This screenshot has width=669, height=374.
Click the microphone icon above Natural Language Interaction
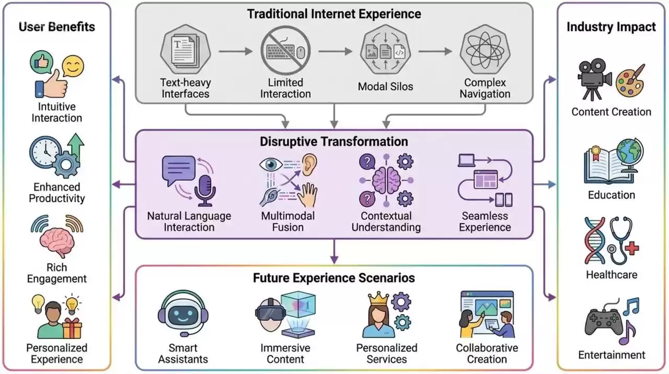click(x=204, y=191)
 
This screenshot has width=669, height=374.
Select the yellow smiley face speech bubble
click(x=73, y=66)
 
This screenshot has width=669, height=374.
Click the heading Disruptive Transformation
click(x=334, y=142)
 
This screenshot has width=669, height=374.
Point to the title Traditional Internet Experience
click(x=334, y=14)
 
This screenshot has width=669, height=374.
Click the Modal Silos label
click(x=385, y=87)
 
